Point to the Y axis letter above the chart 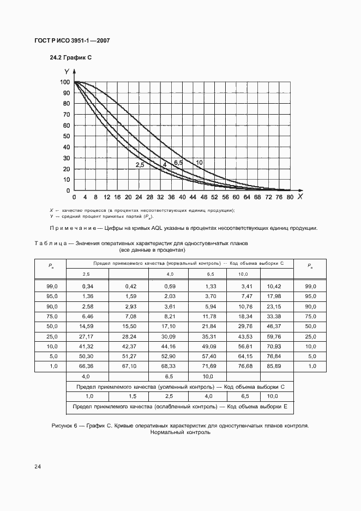point(66,72)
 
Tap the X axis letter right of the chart point(299,196)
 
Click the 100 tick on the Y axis point(65,82)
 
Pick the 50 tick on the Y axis point(67,136)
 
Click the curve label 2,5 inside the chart point(140,165)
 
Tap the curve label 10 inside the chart point(199,163)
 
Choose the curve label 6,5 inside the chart point(178,163)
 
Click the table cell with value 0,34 point(87,286)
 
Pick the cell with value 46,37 point(274,325)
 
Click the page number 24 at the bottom point(37,466)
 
